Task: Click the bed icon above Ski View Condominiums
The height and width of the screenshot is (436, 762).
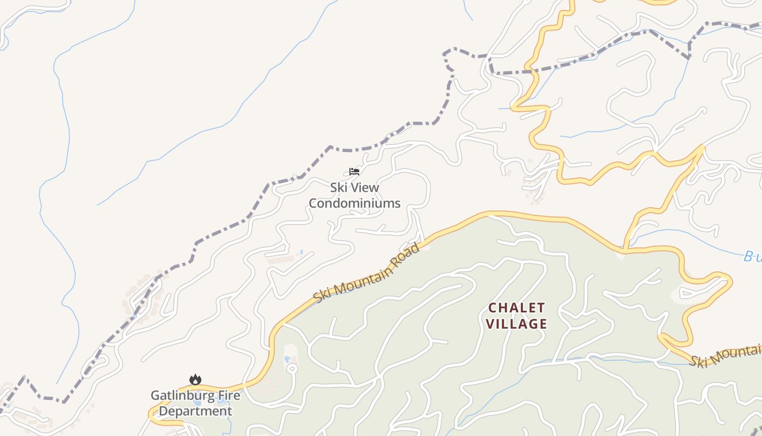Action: pyautogui.click(x=354, y=172)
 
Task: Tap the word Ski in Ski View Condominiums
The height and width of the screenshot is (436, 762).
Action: pyautogui.click(x=339, y=187)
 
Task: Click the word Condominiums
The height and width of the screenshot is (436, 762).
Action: pyautogui.click(x=354, y=204)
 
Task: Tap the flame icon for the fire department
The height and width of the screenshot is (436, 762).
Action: pyautogui.click(x=195, y=379)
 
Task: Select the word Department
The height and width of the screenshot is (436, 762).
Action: pyautogui.click(x=195, y=411)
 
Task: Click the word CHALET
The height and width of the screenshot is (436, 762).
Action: pyautogui.click(x=517, y=308)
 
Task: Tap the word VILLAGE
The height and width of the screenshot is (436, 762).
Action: pyautogui.click(x=517, y=324)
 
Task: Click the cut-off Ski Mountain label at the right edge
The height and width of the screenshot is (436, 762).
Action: pyautogui.click(x=727, y=355)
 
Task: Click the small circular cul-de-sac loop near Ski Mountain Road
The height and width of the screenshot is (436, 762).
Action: pyautogui.click(x=292, y=369)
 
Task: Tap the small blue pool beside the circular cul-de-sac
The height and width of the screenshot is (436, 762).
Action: pyautogui.click(x=287, y=359)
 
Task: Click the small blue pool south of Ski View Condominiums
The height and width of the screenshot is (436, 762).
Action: pyautogui.click(x=302, y=252)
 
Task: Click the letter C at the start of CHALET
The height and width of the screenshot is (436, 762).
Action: pyautogui.click(x=493, y=308)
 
